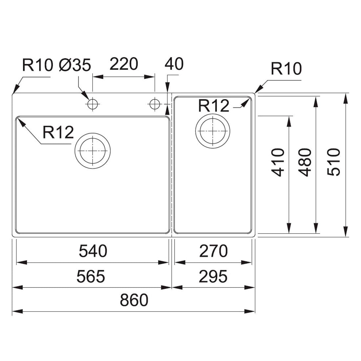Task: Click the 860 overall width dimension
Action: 134,300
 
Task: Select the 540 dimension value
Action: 93,251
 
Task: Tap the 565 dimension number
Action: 91,276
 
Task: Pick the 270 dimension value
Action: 213,251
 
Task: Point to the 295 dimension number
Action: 213,276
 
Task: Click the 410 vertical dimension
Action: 278,162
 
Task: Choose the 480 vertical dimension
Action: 305,162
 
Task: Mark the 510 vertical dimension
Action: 334,162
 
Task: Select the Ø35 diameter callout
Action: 75,65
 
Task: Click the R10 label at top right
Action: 286,69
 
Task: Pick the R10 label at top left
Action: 37,65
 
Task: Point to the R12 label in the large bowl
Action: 58,132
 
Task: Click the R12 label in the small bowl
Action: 214,106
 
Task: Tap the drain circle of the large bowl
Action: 93,133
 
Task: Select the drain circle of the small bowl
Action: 213,114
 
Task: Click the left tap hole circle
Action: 93,98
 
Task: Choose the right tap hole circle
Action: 155,98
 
